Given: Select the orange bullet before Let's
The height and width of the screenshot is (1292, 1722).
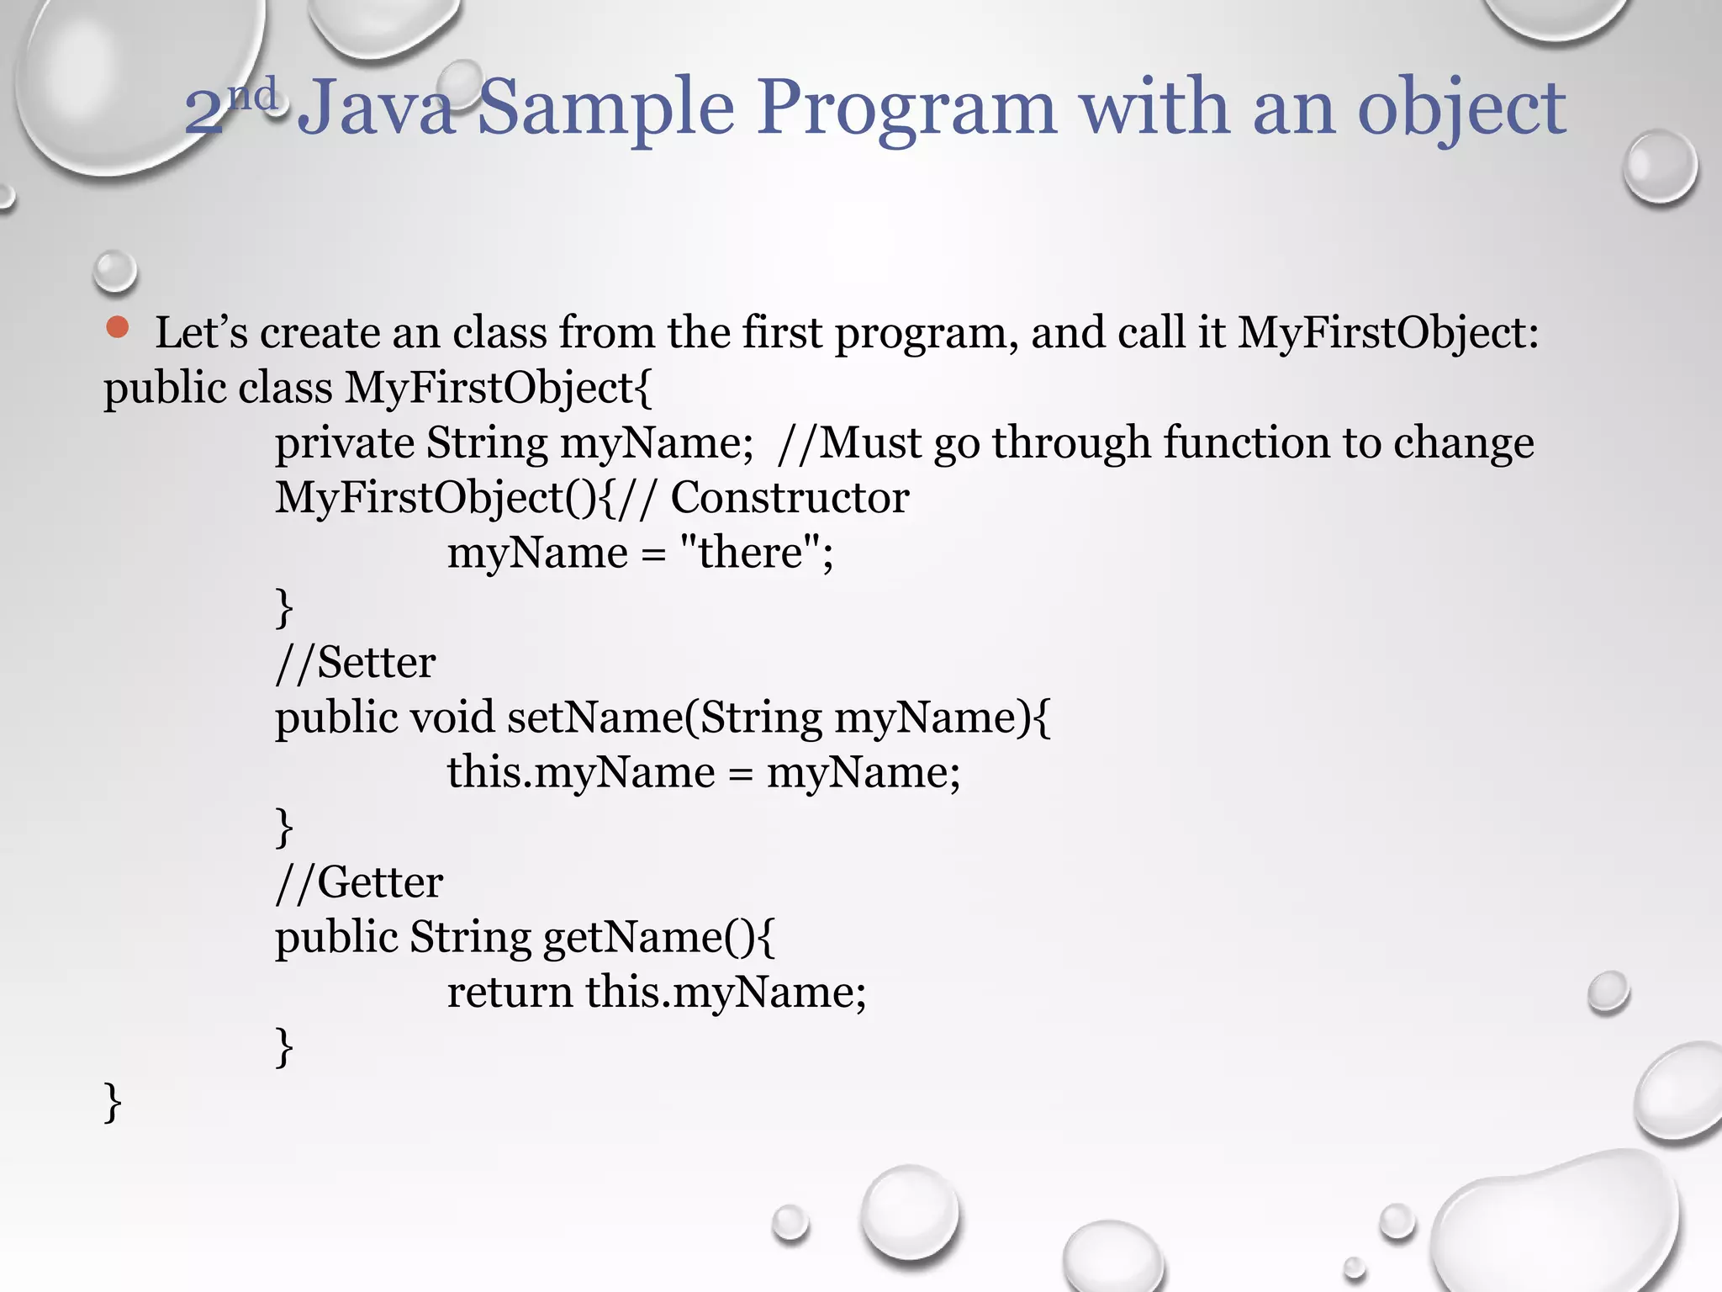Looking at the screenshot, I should (x=118, y=328).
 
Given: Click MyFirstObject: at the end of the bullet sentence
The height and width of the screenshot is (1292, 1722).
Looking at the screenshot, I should (x=1387, y=332).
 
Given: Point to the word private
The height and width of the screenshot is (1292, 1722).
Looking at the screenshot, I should (x=344, y=442).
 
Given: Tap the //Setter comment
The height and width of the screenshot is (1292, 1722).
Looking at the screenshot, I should (x=355, y=662).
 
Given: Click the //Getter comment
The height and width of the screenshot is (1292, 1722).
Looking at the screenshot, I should (x=359, y=882).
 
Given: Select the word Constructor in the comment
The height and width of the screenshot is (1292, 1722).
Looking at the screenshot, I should (x=790, y=497).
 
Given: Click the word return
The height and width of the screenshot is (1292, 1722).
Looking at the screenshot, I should (x=510, y=991).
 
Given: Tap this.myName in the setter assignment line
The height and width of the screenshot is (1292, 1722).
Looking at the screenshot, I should (x=580, y=771).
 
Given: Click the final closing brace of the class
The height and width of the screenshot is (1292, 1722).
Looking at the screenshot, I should (x=113, y=1102).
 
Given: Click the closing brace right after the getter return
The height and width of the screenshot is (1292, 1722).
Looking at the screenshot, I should (x=284, y=1046).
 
